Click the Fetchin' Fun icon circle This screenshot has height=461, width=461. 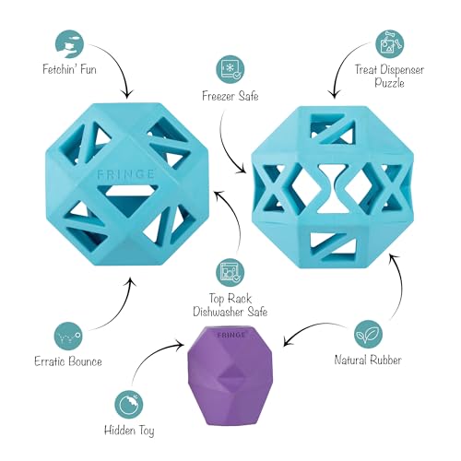[70, 44]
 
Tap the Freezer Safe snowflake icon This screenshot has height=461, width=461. [230, 69]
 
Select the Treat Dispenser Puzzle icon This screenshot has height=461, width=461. [389, 44]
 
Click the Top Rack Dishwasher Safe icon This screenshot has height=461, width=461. [230, 273]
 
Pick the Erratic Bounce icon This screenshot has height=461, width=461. [68, 337]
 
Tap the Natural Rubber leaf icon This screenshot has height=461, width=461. [368, 335]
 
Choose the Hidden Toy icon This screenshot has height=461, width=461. [129, 405]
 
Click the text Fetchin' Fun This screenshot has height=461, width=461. [69, 69]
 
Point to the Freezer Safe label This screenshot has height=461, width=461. [230, 96]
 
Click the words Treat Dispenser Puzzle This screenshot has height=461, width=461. [389, 76]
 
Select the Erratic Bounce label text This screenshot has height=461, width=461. [68, 361]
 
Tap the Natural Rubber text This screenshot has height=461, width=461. [368, 360]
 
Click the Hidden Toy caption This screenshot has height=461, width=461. [129, 431]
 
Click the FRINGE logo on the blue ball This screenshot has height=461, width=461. [125, 174]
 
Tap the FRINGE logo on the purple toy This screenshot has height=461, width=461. [231, 335]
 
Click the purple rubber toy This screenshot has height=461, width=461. [230, 375]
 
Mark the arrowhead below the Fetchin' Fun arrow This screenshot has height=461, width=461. [127, 94]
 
